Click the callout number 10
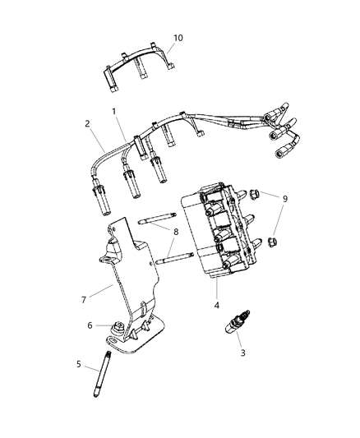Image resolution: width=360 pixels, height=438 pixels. pyautogui.click(x=179, y=39)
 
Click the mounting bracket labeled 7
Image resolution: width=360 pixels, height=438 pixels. pyautogui.click(x=132, y=271)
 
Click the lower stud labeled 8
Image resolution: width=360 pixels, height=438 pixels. pyautogui.click(x=176, y=262)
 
